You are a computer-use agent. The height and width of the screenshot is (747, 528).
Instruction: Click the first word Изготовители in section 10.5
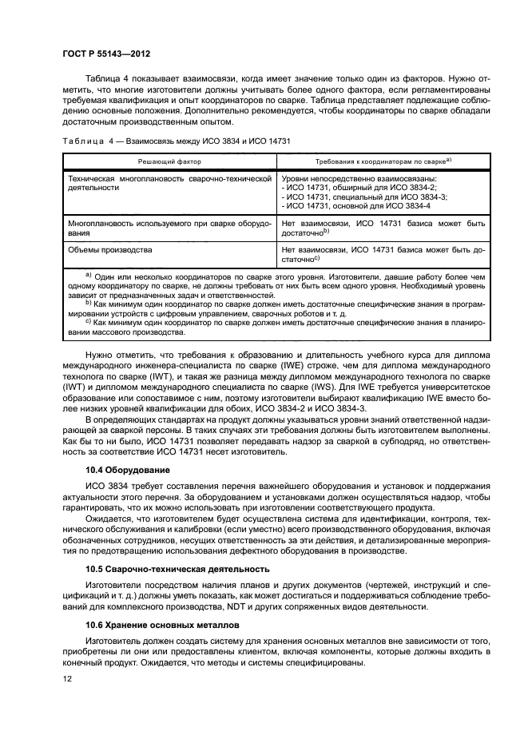(117, 585)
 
